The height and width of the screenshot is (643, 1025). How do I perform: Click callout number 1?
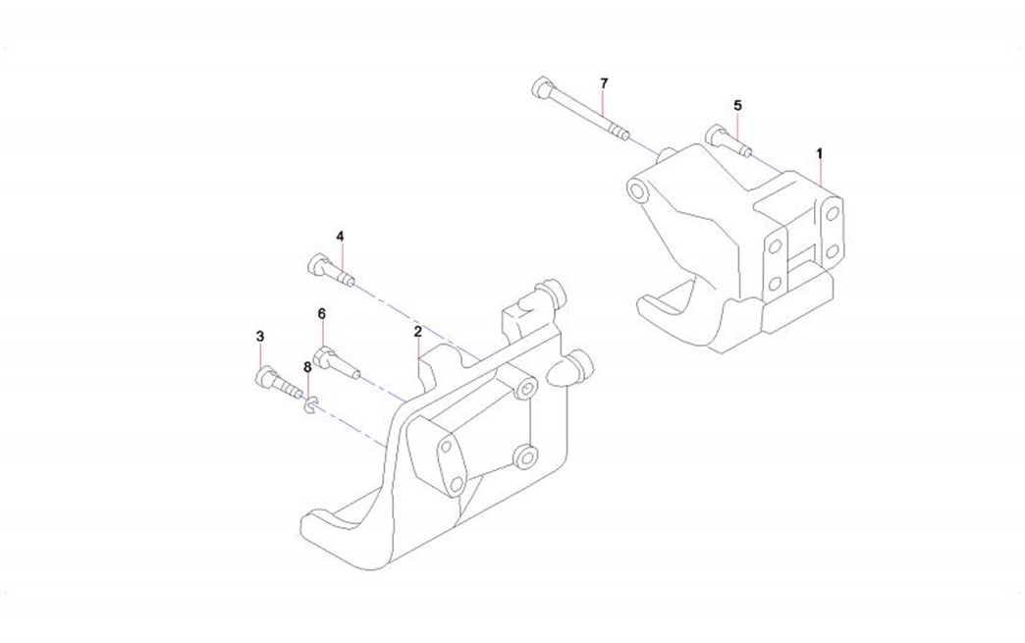[819, 153]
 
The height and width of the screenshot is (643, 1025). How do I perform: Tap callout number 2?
[417, 331]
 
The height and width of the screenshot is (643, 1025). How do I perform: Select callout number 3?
[260, 337]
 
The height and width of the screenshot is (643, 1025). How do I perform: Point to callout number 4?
[340, 236]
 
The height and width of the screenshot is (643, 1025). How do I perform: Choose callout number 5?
[738, 105]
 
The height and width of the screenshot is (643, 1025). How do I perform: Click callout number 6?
[322, 314]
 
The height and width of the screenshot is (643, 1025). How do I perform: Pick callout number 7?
[604, 83]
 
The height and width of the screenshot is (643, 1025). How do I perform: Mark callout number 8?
[307, 367]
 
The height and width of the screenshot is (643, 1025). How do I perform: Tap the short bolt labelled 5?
[728, 141]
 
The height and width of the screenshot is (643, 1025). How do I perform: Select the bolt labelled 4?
[331, 270]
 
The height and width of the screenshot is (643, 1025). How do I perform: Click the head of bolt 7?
[543, 87]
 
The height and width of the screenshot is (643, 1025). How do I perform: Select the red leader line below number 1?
[820, 173]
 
